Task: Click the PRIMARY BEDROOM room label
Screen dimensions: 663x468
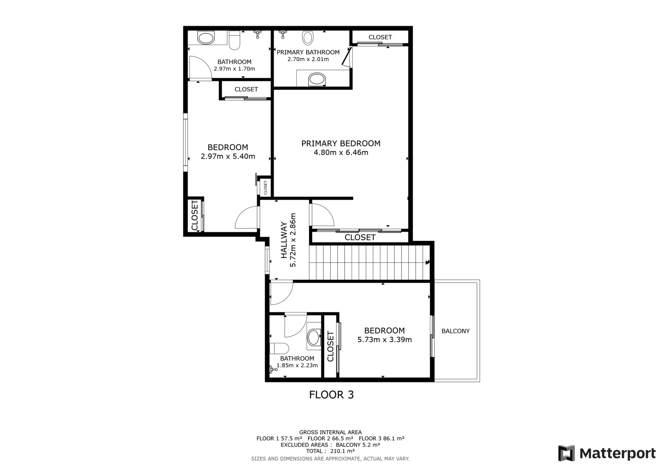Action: click(341, 144)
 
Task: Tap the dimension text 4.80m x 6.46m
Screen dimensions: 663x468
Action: click(341, 153)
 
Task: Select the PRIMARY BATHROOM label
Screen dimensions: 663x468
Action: click(308, 52)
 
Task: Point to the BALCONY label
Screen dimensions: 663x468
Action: click(455, 331)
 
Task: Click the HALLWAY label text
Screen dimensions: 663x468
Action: click(284, 240)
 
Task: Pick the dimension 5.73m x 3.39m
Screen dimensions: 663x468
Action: click(385, 340)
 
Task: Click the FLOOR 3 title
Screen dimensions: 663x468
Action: click(331, 395)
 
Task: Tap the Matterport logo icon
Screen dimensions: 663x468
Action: click(566, 453)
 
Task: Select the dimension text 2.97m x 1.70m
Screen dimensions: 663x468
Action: click(235, 69)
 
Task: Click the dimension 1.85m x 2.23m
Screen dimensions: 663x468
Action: click(297, 365)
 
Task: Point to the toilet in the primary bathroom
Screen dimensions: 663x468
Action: click(308, 38)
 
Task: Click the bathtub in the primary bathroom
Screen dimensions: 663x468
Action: click(317, 79)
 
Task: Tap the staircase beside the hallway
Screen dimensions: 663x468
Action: click(369, 262)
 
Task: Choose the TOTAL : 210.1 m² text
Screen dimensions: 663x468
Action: click(330, 451)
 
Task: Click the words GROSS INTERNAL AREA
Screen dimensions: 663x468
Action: click(330, 432)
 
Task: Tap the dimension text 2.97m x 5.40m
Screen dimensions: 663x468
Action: click(228, 156)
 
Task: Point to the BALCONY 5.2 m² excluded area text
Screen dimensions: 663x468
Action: click(358, 445)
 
